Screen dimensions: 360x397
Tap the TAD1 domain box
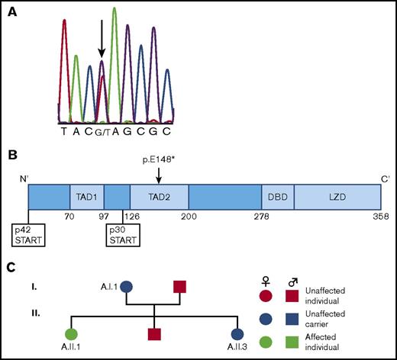(x=86, y=197)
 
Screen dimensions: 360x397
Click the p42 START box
(x=28, y=234)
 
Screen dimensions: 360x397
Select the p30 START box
(x=123, y=234)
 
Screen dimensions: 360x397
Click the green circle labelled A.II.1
(x=72, y=333)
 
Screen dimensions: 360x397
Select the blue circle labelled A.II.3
(x=237, y=333)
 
